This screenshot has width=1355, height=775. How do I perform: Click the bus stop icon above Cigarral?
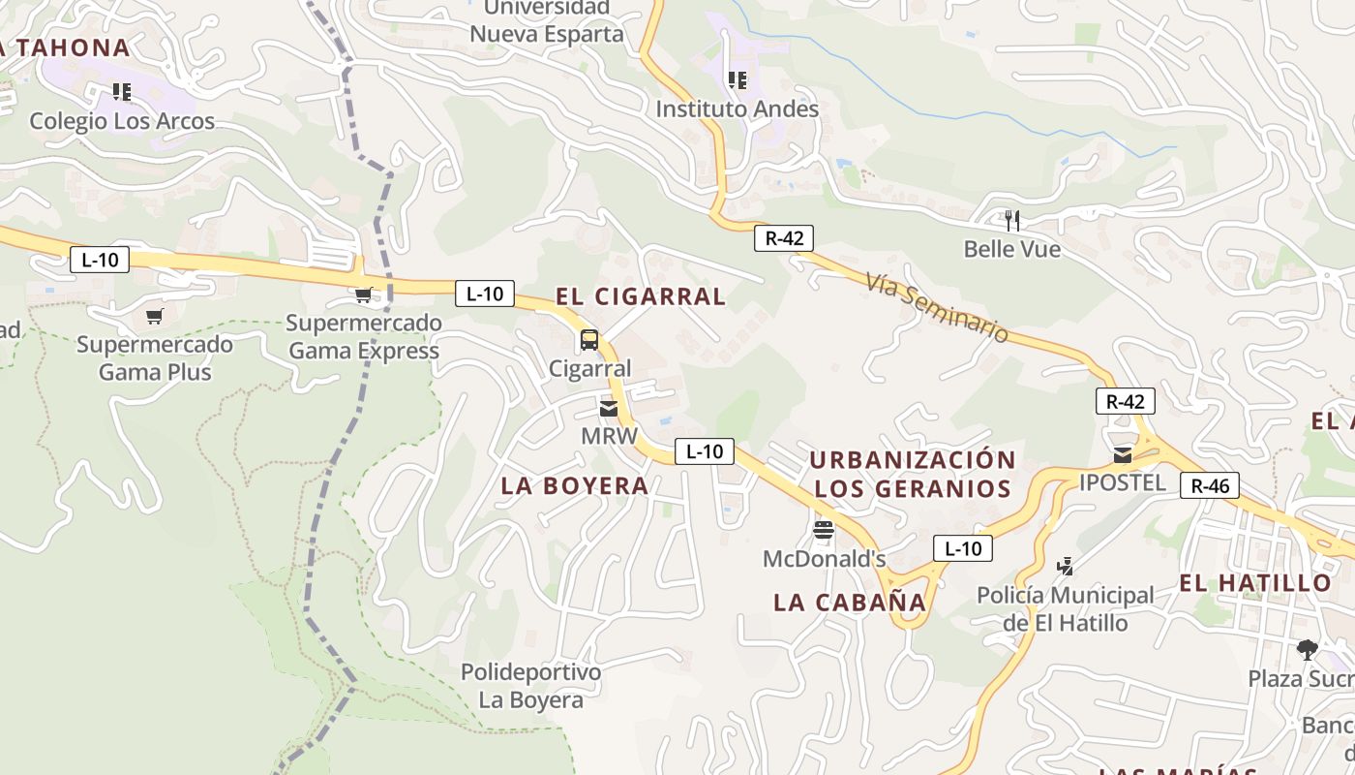[588, 340]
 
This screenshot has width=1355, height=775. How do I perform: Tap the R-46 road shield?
[1210, 485]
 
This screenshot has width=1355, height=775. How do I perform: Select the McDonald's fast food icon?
[824, 529]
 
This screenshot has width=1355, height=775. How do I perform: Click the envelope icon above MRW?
[609, 409]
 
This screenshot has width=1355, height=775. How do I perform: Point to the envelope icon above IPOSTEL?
[1123, 454]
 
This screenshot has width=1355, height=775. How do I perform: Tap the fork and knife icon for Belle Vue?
[1012, 220]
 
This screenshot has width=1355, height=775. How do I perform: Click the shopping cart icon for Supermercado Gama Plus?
[155, 316]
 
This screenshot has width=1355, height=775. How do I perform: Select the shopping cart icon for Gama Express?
[364, 294]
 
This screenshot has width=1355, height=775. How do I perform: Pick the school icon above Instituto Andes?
[738, 80]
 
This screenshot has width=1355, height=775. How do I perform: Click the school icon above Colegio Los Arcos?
[122, 92]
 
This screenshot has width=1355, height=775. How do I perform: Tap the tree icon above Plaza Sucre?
[1308, 649]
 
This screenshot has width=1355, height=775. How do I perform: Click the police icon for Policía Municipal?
[1066, 566]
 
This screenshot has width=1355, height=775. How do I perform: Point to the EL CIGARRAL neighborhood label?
[641, 296]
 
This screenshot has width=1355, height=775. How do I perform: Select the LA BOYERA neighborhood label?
[575, 485]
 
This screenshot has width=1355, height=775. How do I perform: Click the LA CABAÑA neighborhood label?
[850, 602]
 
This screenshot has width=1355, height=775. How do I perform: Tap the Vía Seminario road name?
[937, 306]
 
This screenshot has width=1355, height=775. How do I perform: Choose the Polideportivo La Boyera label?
[530, 686]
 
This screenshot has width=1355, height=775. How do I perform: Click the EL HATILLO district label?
[1255, 582]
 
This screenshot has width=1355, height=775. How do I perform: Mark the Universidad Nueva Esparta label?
[547, 21]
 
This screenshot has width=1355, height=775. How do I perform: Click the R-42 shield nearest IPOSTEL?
[1125, 401]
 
